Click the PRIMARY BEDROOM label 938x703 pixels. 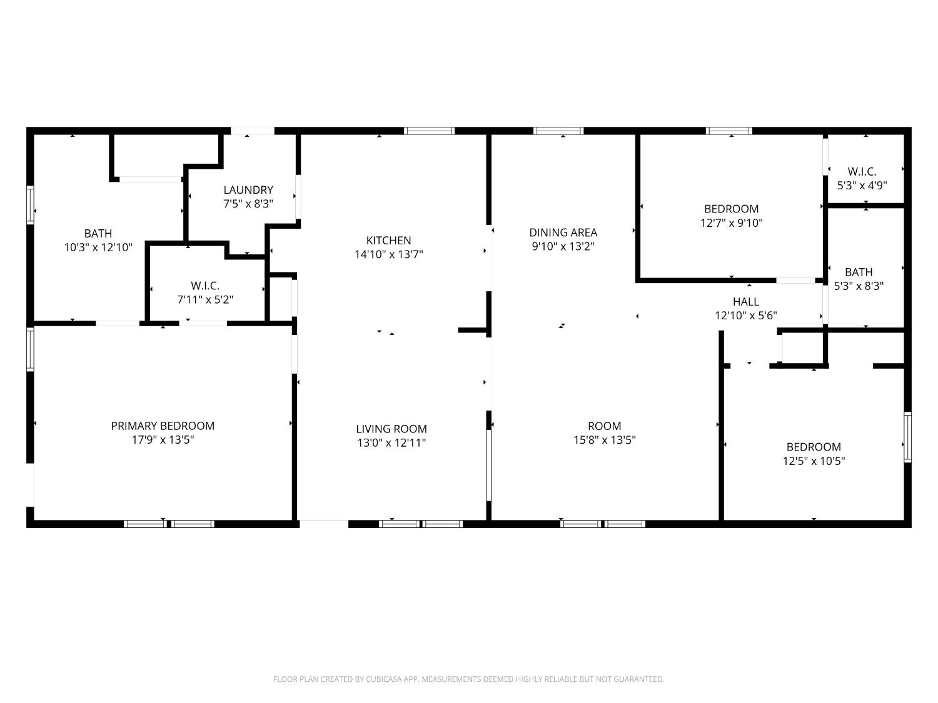pos(163,426)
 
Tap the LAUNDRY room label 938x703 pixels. pos(248,190)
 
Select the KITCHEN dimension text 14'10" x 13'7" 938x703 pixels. pos(388,254)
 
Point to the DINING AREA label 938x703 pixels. pos(563,232)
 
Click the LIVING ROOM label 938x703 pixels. pos(391,429)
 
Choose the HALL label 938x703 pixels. pos(745,302)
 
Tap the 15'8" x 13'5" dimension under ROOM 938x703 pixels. pos(604,440)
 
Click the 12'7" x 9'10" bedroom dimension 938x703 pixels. pos(731,222)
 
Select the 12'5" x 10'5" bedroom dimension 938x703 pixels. pos(814,461)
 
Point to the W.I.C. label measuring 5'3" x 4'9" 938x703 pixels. pos(862,171)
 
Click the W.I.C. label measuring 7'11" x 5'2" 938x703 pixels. pos(205,286)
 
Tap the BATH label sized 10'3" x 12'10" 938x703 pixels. pos(98,234)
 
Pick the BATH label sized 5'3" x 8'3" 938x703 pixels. pos(859,272)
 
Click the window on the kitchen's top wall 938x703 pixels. pos(429,131)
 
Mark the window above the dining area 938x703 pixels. pos(558,131)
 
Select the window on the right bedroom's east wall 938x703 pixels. pos(907,437)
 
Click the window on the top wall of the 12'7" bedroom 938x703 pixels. pos(729,131)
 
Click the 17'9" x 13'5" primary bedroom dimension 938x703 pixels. pos(163,440)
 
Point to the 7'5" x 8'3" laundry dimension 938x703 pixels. pos(248,204)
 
